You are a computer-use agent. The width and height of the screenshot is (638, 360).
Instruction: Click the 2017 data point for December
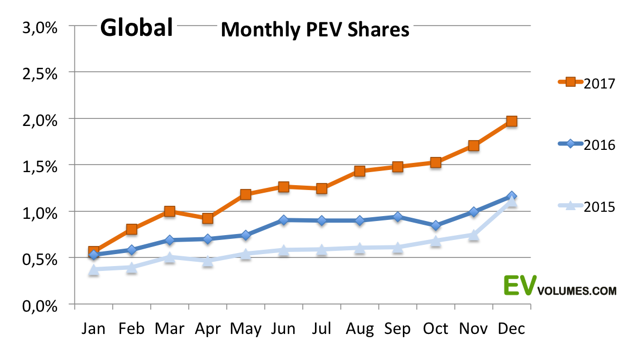(511, 121)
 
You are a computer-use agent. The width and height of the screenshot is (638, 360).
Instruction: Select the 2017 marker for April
(207, 218)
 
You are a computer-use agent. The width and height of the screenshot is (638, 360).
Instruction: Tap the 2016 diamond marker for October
(435, 225)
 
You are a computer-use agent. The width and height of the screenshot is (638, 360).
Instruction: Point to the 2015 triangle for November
(473, 235)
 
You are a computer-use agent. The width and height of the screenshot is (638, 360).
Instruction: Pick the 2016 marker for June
(283, 220)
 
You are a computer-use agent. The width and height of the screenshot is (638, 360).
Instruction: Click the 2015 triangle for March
(169, 257)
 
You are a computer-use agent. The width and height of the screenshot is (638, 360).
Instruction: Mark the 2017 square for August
(359, 171)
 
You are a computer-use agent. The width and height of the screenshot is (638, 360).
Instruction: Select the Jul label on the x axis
(321, 329)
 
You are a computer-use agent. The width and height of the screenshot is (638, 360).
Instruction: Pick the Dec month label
(511, 329)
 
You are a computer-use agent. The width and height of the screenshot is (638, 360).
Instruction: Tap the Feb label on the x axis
(131, 329)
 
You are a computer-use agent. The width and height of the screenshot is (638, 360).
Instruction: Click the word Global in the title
(137, 27)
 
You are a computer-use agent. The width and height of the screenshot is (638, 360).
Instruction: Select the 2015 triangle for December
(511, 202)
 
